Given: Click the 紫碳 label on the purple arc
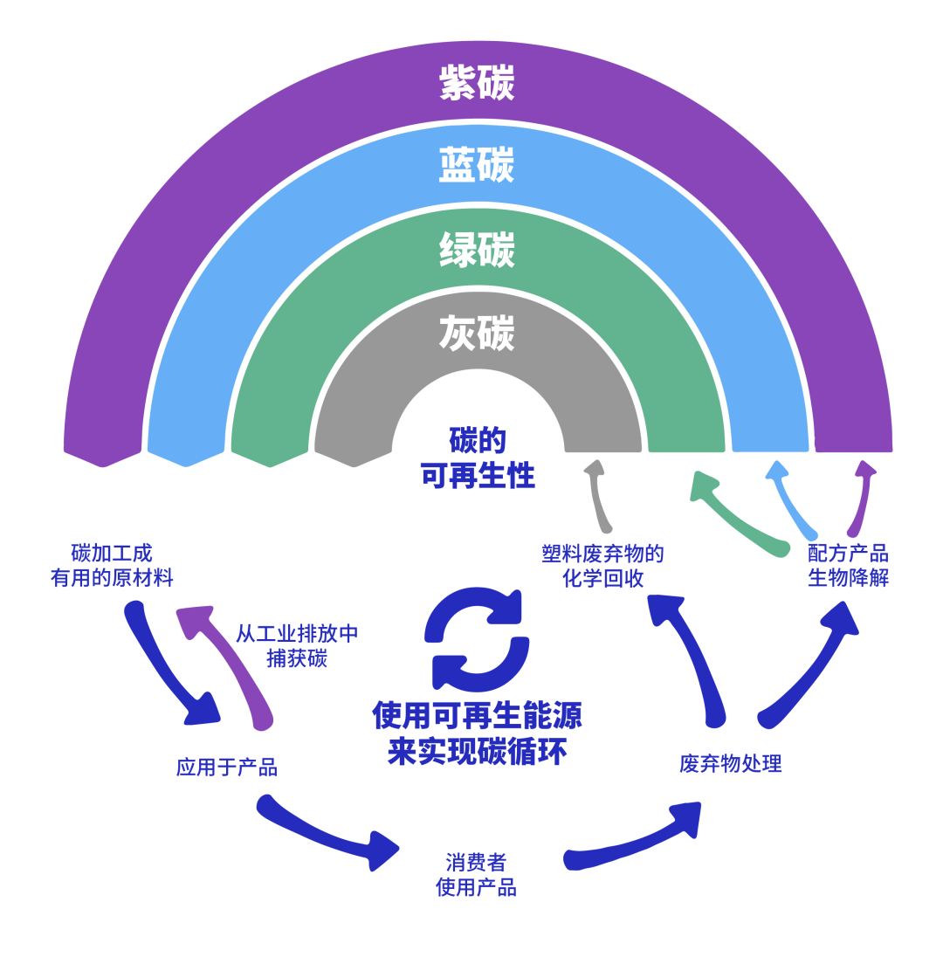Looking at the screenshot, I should pos(476,83).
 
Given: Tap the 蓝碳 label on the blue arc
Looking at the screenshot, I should pos(476,165).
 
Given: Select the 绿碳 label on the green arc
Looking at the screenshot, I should pos(476,250).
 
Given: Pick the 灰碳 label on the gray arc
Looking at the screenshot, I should pos(476,334).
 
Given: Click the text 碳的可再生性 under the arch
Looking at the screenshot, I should pos(477,458).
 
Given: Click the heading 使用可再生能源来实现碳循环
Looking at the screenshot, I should pos(477,733).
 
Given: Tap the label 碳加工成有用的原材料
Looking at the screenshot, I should pos(112,565).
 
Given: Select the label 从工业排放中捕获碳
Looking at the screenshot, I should pos(297,645).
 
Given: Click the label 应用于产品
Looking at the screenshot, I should pos(226,768).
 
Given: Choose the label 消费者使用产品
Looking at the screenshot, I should pos(476,874).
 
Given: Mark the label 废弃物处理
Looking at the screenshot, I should pos(730,763).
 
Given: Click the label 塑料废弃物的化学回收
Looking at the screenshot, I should pos(602,565).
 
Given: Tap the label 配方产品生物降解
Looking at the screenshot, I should pos(847,565).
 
